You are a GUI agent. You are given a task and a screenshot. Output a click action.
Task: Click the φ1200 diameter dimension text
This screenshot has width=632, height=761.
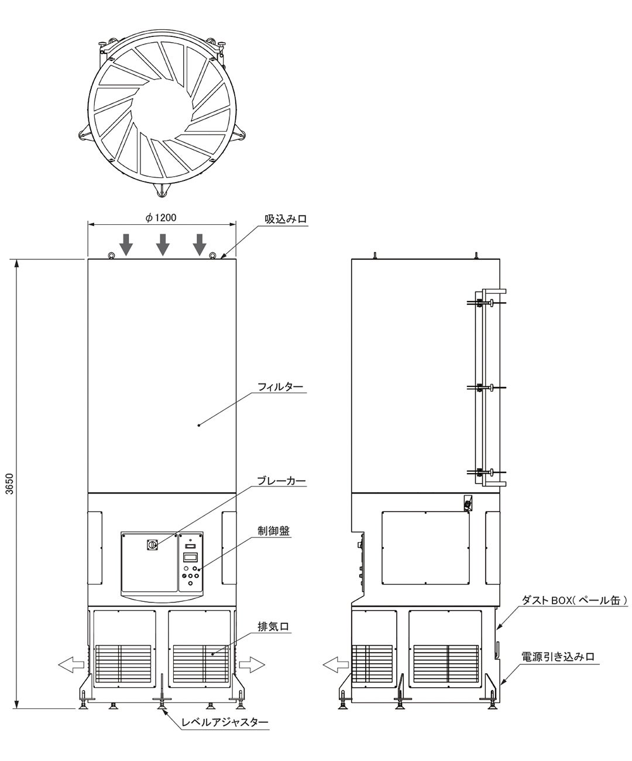click(161, 218)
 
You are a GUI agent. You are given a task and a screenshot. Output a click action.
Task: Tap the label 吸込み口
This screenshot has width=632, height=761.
click(286, 219)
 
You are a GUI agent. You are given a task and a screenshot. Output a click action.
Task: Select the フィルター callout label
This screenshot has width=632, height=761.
click(280, 386)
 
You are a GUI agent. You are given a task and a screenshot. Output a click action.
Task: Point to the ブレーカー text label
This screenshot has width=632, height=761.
click(281, 481)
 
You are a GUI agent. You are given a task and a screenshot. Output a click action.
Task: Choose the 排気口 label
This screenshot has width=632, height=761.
click(273, 626)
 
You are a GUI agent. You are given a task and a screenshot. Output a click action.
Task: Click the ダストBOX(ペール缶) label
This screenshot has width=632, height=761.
click(575, 600)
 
